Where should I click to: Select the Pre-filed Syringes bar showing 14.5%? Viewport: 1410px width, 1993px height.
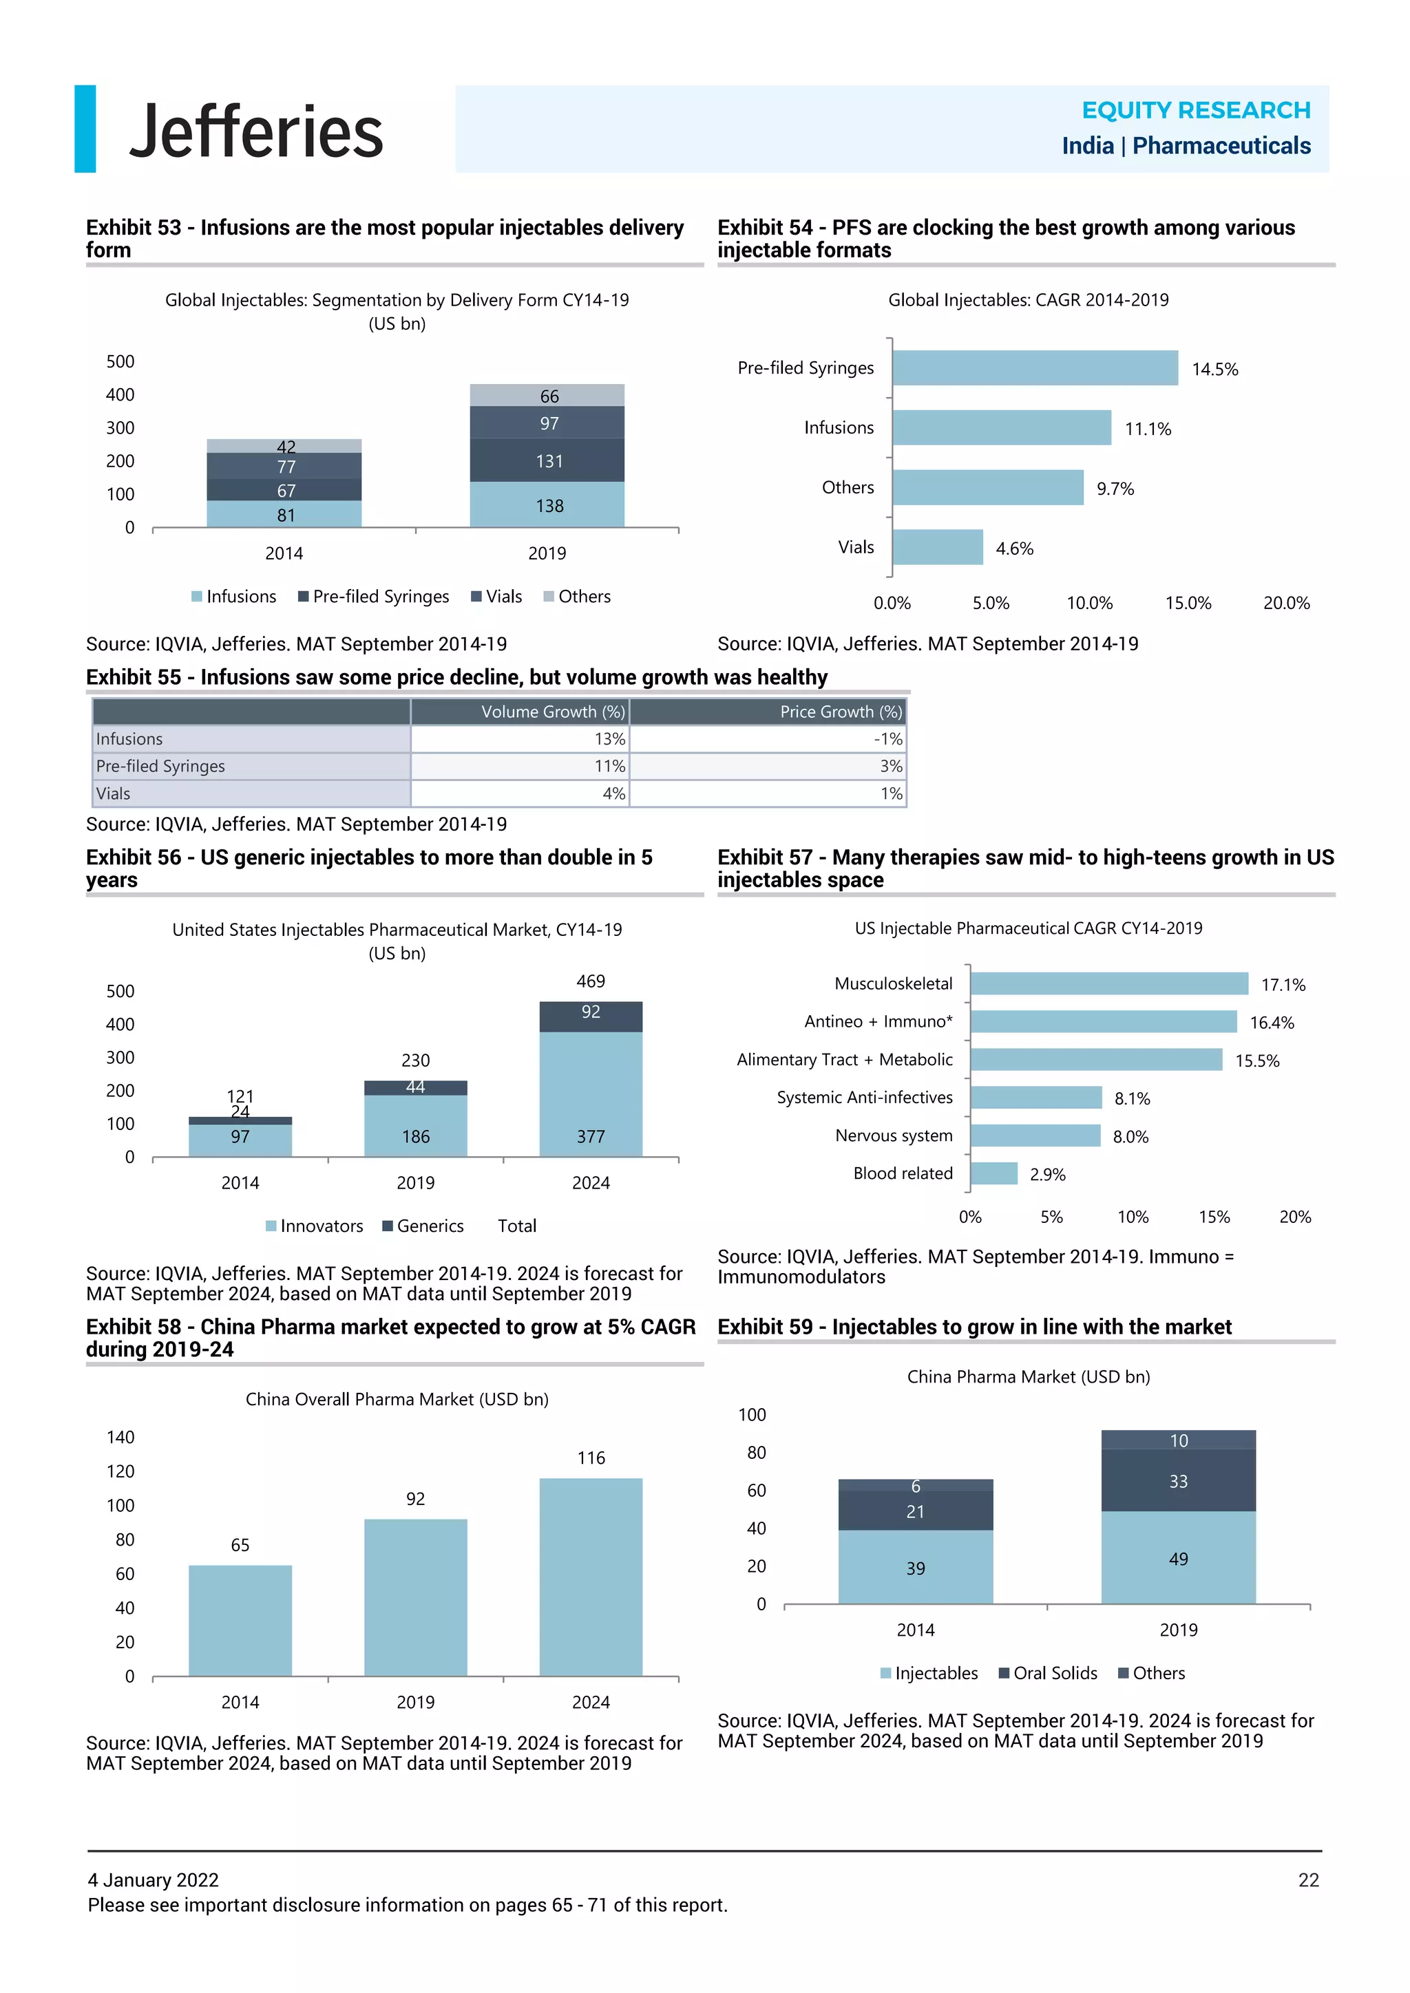point(1034,368)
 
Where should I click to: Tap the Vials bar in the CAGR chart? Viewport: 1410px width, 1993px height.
point(937,547)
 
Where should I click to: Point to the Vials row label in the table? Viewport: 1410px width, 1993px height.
point(114,793)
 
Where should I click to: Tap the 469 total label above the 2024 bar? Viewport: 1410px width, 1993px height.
point(591,981)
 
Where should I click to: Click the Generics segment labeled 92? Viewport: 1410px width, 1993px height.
point(591,1014)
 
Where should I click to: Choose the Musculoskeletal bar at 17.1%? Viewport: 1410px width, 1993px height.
point(1108,983)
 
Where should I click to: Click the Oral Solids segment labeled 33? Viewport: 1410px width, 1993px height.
point(1177,1481)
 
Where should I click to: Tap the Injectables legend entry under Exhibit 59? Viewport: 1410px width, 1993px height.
point(928,1673)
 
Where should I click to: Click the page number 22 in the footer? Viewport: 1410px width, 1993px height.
point(1307,1879)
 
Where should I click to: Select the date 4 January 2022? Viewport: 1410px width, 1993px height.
point(153,1879)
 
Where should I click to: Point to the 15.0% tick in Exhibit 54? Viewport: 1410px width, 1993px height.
point(1187,602)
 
